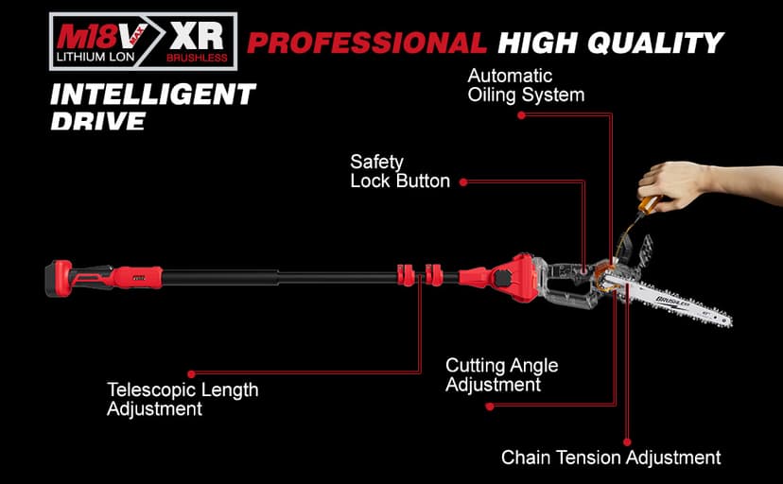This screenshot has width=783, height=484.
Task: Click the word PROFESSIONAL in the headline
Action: coord(367,43)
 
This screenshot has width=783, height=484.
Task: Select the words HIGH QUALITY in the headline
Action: coord(611,43)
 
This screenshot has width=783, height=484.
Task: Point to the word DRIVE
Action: coord(99,121)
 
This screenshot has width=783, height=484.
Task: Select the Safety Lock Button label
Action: coord(400,171)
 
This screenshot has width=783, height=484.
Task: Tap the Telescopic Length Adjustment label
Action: coord(183,399)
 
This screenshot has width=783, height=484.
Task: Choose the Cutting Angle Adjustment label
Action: coord(501,375)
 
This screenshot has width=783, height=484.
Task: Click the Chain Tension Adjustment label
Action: coord(611,458)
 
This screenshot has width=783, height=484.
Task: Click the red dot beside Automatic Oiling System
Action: coord(520,114)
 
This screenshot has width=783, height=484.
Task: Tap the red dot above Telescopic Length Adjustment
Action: coord(191,373)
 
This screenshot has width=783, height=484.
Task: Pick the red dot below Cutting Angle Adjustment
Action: coord(489,406)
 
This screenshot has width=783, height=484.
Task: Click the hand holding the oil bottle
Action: coord(680,184)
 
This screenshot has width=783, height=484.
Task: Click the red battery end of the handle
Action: coord(61,278)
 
